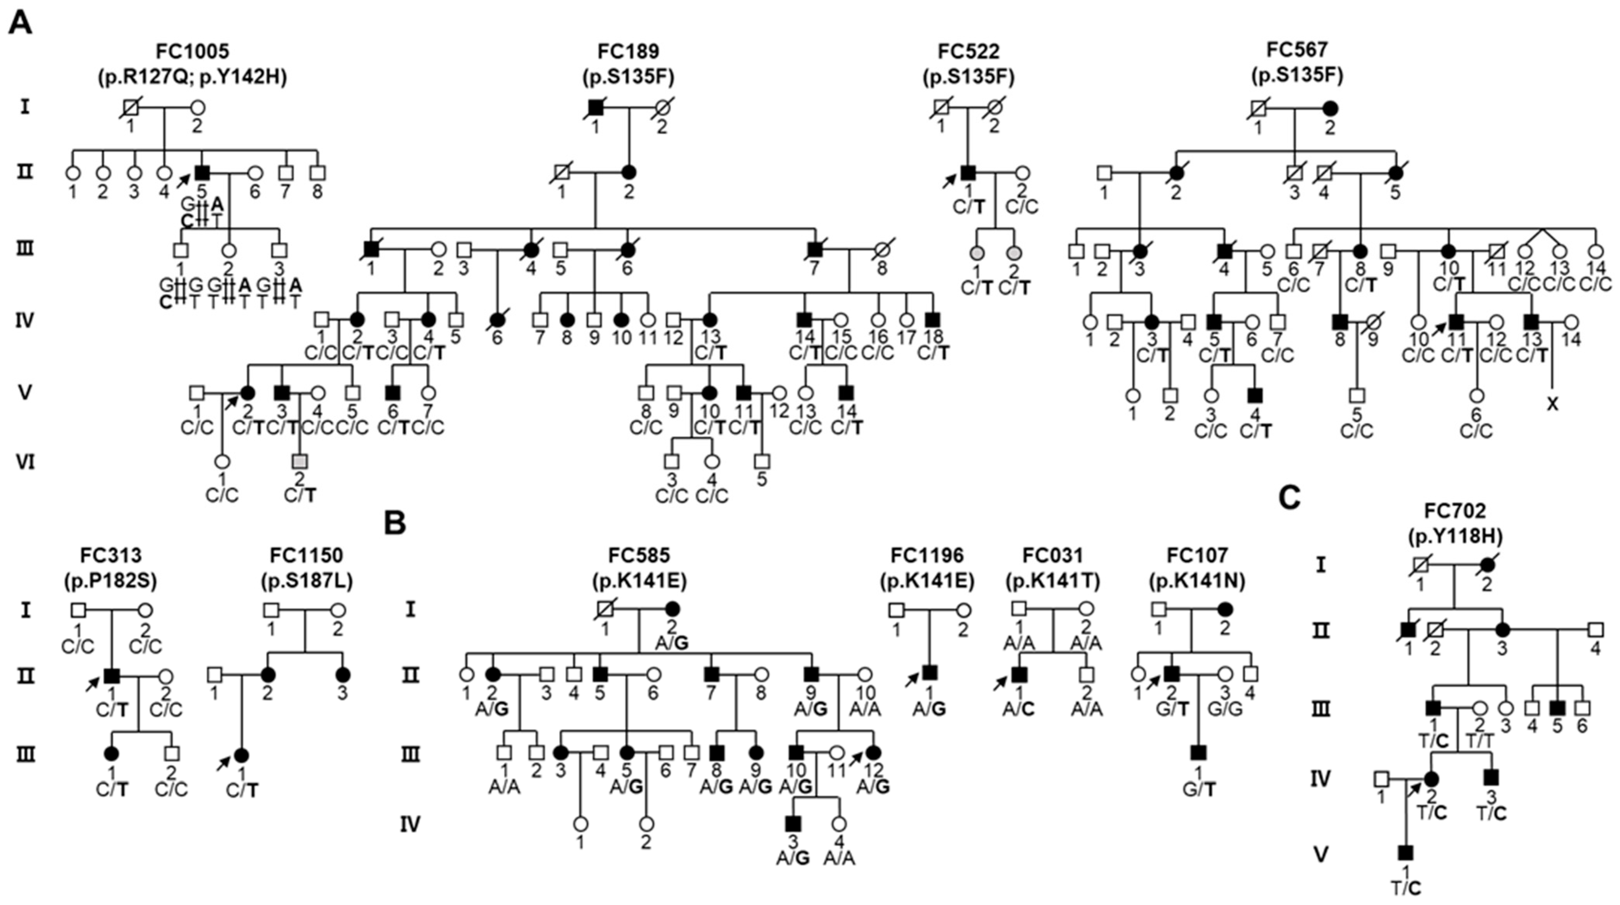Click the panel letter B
(395, 523)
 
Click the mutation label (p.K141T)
(1053, 582)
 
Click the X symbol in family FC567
(1553, 404)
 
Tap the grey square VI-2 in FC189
(300, 461)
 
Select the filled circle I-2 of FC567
(1330, 108)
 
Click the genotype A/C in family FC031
(1019, 709)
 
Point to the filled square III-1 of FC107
(1198, 752)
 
